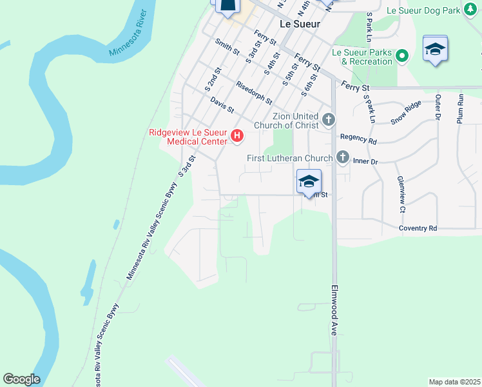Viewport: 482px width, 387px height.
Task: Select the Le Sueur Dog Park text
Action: (x=423, y=10)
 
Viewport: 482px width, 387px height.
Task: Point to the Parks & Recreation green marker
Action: (x=403, y=56)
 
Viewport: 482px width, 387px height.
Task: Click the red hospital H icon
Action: (x=237, y=135)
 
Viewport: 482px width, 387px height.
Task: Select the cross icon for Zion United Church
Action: (x=329, y=119)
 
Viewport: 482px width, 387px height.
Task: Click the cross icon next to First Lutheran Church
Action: (x=342, y=157)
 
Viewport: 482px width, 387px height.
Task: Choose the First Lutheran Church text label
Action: (x=290, y=158)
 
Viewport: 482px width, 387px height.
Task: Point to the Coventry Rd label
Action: (x=418, y=228)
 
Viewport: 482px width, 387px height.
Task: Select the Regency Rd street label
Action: (x=358, y=138)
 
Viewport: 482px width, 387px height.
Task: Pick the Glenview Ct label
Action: (x=400, y=194)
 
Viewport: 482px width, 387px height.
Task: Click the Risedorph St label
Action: (x=254, y=94)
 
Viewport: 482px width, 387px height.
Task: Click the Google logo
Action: (x=21, y=379)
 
